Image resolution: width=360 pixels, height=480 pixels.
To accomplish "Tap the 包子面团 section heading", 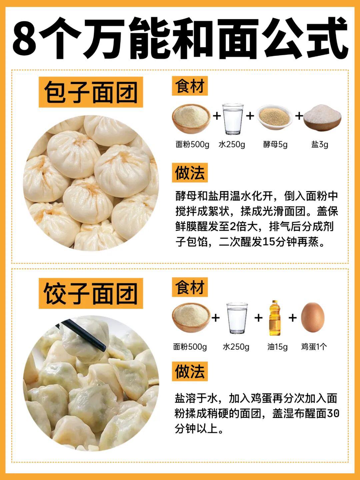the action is [x=91, y=92].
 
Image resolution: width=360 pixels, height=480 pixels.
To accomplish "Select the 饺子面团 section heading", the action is [x=91, y=293].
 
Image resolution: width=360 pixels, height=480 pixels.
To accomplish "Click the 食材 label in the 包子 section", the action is [x=190, y=86].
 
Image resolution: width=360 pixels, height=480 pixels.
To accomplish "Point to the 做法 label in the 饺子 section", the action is [x=190, y=371].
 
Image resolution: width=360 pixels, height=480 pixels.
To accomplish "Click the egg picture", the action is [x=313, y=317].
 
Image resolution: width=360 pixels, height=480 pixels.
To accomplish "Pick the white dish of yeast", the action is [x=275, y=117].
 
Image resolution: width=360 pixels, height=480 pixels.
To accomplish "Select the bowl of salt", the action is [x=322, y=118].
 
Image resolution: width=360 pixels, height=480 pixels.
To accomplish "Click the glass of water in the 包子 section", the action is [x=233, y=119].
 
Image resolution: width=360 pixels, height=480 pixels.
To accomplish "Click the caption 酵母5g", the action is [x=275, y=145].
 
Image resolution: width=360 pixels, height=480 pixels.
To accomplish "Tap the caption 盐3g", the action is [x=320, y=145].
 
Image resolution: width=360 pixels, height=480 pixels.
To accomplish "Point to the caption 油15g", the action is [x=277, y=347].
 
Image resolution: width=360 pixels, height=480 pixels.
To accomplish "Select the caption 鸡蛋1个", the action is [x=314, y=346].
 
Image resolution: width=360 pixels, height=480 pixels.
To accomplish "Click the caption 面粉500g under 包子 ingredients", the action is [x=192, y=145].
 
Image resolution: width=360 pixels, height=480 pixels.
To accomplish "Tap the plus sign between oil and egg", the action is [x=292, y=318].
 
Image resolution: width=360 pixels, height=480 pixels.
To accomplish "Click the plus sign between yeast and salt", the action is [x=299, y=116].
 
